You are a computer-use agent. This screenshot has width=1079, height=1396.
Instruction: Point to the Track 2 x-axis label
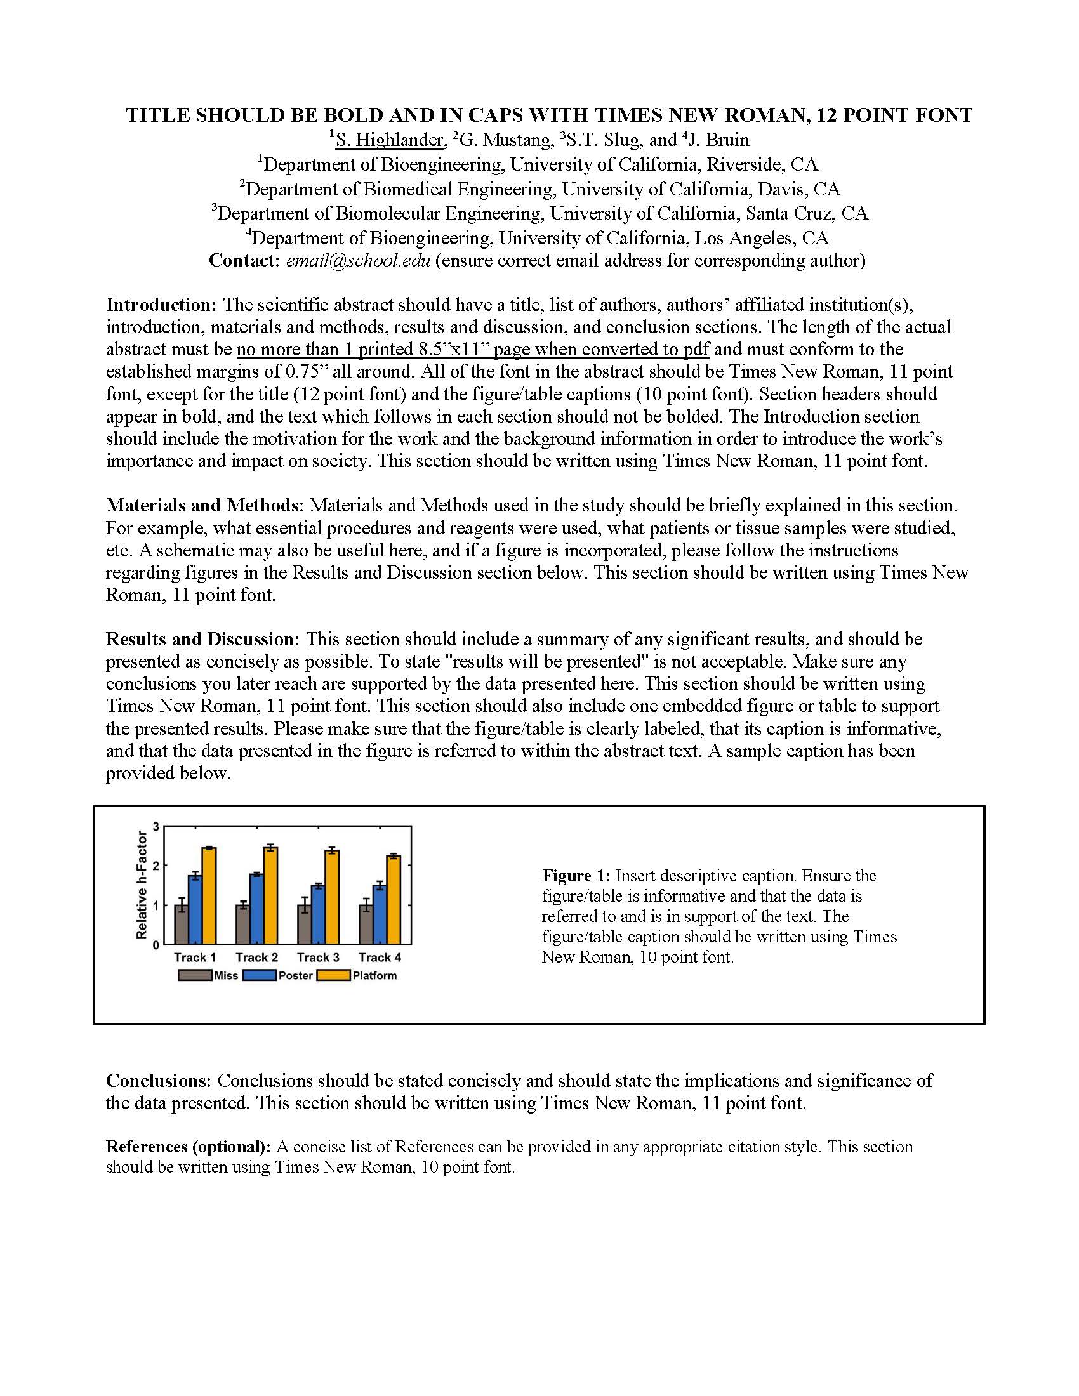click(256, 957)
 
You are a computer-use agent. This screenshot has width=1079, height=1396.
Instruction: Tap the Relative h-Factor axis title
click(142, 885)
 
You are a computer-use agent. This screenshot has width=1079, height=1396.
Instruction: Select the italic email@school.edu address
click(358, 261)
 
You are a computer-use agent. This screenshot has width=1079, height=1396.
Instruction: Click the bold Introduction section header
click(162, 304)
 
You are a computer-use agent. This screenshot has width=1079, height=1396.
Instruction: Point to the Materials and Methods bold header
click(204, 506)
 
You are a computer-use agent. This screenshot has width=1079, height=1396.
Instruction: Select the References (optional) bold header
click(189, 1147)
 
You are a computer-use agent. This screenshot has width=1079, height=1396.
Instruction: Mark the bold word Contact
click(244, 261)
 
